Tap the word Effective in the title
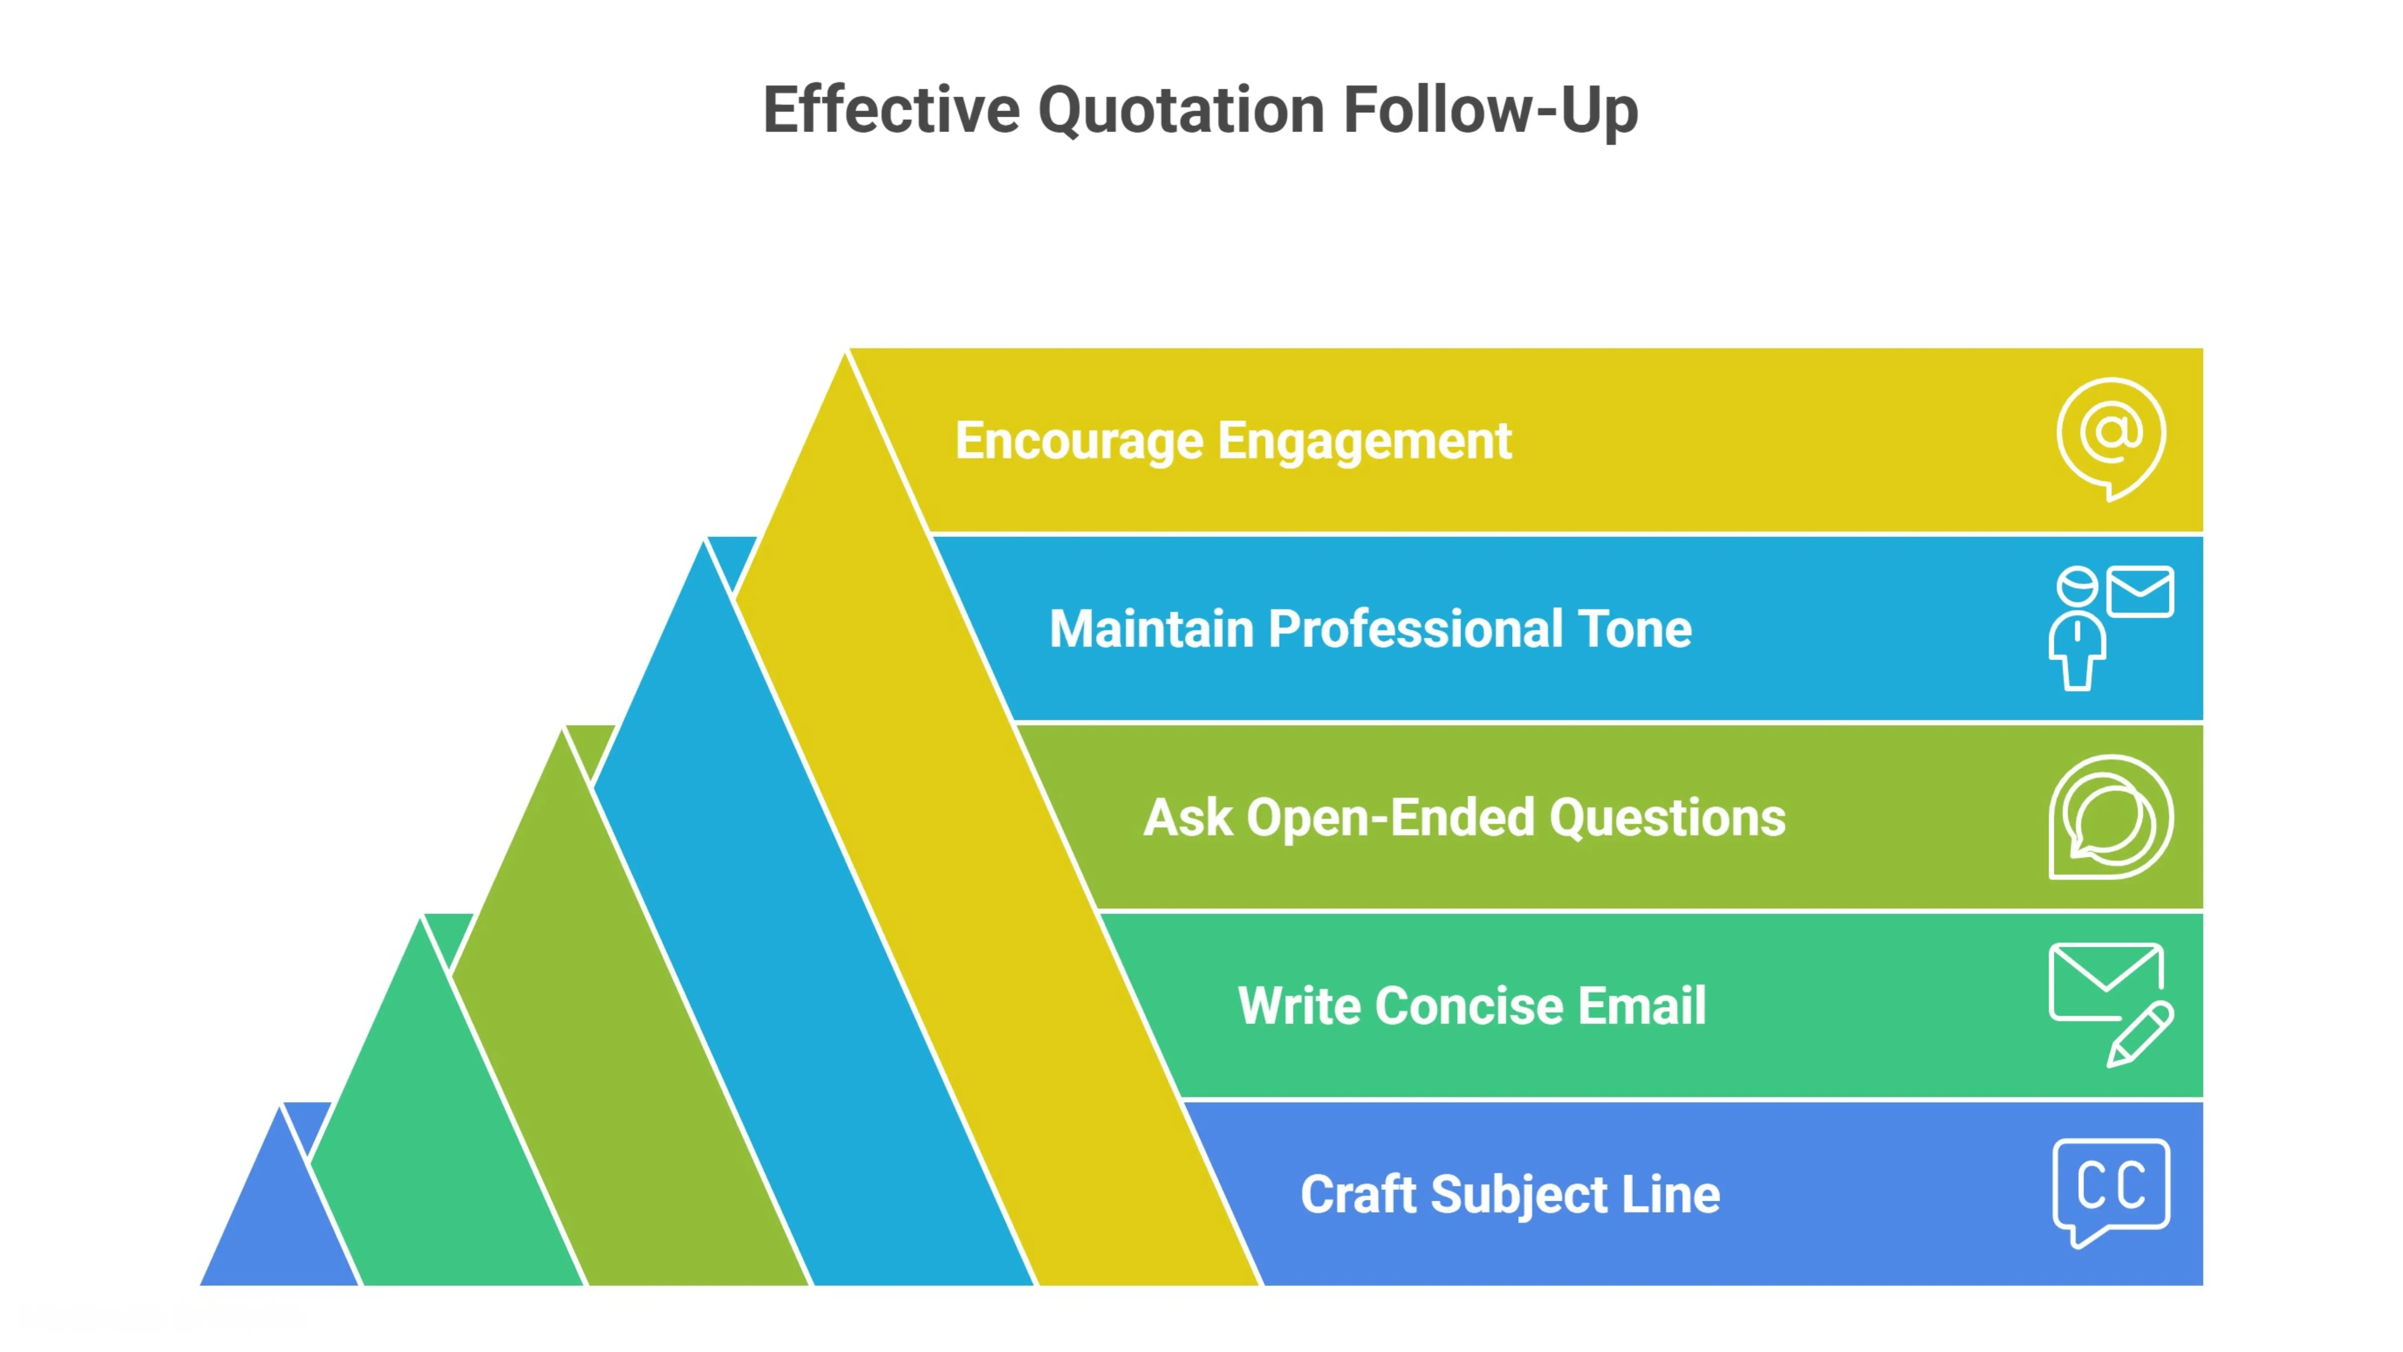tap(891, 110)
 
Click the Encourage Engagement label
tap(1232, 441)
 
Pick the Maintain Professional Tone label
tap(1369, 629)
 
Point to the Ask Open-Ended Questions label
tap(1464, 818)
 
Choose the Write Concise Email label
tap(1471, 1006)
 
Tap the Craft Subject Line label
tap(1509, 1194)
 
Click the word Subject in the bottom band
tap(1519, 1194)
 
